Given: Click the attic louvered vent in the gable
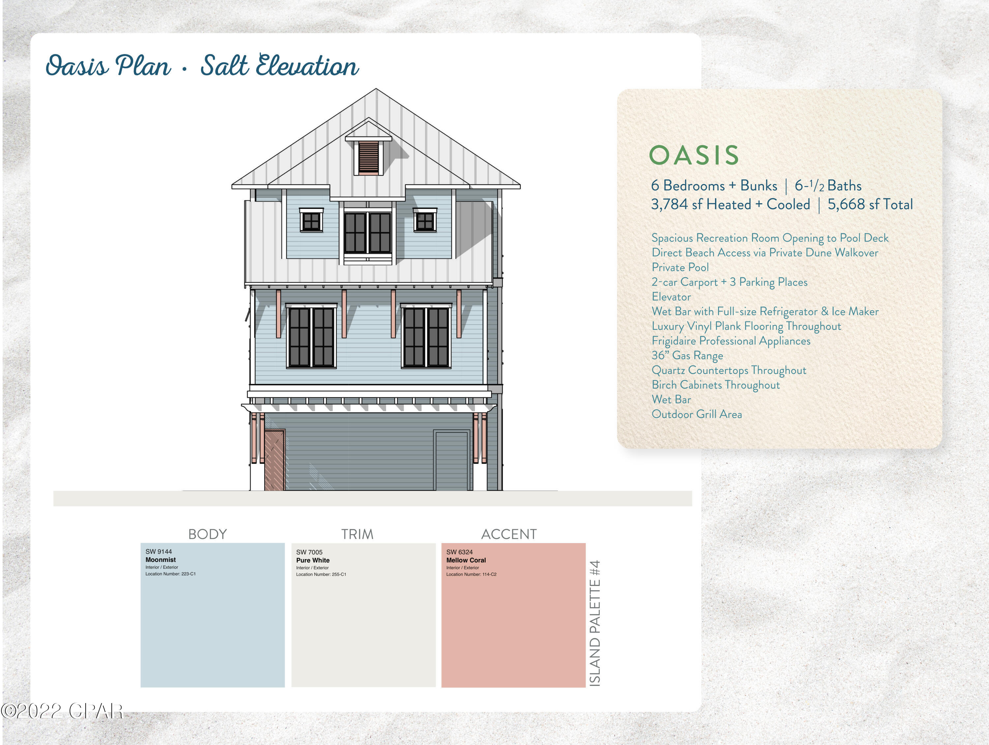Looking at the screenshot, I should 369,157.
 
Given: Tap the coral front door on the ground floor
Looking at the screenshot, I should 274,460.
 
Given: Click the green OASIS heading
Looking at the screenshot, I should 694,155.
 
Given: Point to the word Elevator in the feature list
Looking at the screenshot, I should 671,297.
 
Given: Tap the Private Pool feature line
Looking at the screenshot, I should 680,267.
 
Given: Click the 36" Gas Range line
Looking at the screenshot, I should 687,355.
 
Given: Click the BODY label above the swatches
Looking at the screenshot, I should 207,534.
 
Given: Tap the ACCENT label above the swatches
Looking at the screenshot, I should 509,534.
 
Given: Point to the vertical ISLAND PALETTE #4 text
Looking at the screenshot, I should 595,623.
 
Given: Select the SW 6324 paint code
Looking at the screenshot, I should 459,552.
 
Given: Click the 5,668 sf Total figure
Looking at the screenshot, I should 870,205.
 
